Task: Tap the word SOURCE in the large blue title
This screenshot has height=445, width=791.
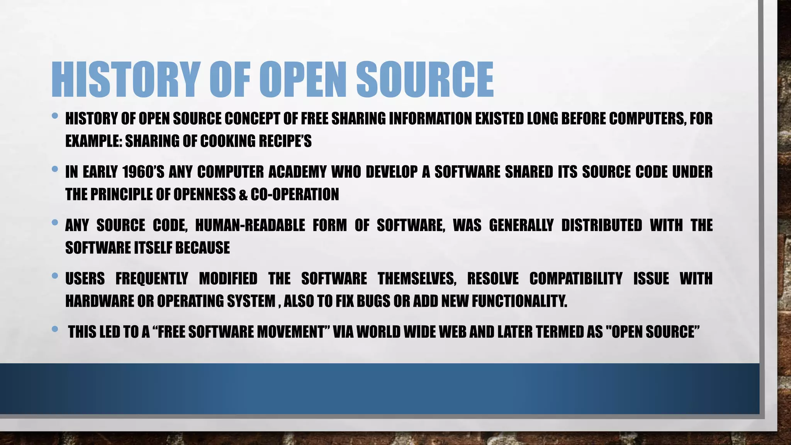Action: coord(425,80)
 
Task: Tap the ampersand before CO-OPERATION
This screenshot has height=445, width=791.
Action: coord(243,195)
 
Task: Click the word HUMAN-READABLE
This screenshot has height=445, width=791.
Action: coord(250,225)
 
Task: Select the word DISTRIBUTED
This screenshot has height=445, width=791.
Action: coord(601,225)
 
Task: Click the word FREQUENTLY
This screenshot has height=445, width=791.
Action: coord(152,279)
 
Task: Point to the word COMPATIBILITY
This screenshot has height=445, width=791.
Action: coord(576,279)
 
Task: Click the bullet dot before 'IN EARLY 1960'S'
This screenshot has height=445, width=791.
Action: coord(55,169)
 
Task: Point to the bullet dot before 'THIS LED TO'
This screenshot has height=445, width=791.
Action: coord(55,329)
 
